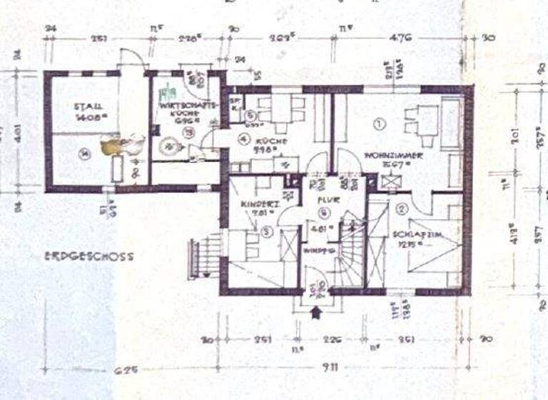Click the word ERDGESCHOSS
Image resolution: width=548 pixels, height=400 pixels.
pyautogui.click(x=88, y=255)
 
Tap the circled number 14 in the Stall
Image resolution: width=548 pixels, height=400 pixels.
pyautogui.click(x=84, y=151)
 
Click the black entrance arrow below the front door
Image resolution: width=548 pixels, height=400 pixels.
pyautogui.click(x=318, y=311)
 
